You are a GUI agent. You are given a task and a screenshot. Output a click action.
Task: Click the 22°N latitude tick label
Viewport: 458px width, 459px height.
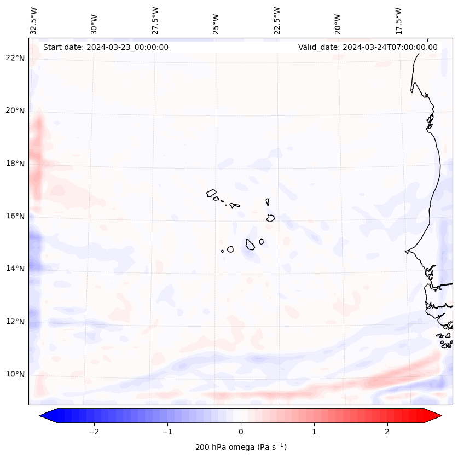point(15,58)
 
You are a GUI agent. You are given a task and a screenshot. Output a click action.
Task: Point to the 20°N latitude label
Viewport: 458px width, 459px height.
point(15,111)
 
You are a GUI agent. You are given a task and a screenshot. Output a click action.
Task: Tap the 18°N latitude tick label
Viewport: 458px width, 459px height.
point(15,164)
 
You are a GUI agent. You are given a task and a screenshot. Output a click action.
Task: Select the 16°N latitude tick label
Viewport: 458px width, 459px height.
point(15,216)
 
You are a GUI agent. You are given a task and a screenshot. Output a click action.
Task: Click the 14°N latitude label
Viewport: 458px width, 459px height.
point(15,269)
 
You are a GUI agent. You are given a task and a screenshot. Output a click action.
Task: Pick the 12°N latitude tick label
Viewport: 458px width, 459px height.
point(15,322)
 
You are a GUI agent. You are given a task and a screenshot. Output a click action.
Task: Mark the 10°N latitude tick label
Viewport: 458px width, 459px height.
point(15,374)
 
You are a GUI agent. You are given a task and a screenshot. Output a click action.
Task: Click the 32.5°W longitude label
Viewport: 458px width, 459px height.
point(34,20)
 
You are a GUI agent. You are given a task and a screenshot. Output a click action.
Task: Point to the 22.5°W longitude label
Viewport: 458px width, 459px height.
point(276,20)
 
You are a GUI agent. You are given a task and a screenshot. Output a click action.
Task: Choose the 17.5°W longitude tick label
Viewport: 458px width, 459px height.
point(398,20)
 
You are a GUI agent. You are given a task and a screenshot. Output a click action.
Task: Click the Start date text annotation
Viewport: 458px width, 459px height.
point(106,47)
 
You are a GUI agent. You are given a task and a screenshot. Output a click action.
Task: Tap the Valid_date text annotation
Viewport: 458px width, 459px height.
point(368,47)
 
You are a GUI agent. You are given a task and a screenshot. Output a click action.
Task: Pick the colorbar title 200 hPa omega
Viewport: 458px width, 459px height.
point(241,447)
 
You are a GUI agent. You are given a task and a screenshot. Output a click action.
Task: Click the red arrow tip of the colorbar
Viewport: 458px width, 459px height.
point(436,416)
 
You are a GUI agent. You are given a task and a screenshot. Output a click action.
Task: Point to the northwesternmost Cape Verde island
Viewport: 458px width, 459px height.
point(211,193)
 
